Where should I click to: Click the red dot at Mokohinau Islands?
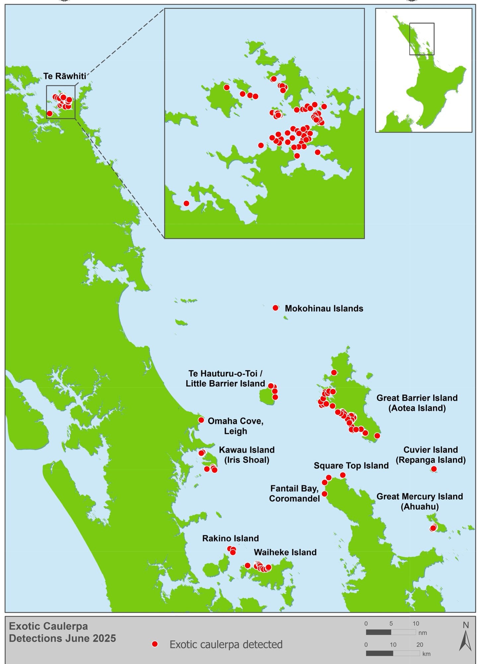point(275,308)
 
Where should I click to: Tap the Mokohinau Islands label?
point(324,308)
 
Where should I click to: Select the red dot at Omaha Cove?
point(201,420)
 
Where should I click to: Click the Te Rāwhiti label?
point(65,76)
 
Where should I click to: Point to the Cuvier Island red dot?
point(434,469)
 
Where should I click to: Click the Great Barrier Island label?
point(417,403)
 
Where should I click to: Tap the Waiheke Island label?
point(285,552)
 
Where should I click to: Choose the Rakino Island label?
point(230,538)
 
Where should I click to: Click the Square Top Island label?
point(351,465)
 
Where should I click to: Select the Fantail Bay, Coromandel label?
point(294,493)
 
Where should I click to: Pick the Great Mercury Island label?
point(419,501)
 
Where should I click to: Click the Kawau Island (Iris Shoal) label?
point(246,455)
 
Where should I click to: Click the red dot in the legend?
point(155,644)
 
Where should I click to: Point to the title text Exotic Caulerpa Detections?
point(62,632)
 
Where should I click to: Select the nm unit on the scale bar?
point(423,633)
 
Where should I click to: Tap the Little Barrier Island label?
point(225,378)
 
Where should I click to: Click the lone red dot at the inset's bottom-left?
point(186,203)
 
